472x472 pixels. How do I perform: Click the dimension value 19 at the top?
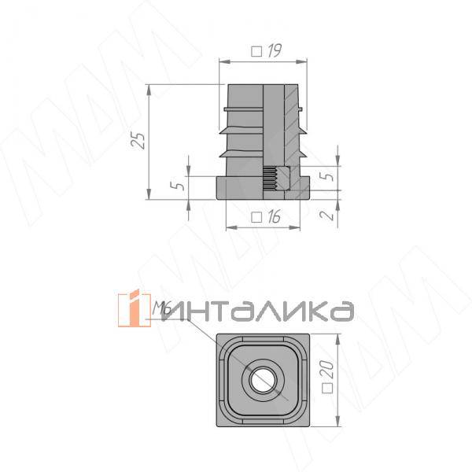(x=274, y=51)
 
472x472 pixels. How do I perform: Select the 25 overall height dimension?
(x=138, y=140)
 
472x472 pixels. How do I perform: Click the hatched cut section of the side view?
(x=293, y=118)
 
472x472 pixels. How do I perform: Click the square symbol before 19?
(x=256, y=51)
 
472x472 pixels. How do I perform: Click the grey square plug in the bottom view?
(x=228, y=409)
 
